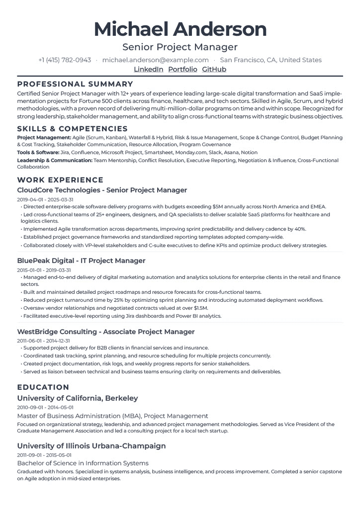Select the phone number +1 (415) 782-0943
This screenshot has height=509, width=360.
point(65,60)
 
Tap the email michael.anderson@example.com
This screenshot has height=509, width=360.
point(156,60)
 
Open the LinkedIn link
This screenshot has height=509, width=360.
point(149,69)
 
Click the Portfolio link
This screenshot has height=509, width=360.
point(182,69)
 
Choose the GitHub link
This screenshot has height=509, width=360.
point(214,69)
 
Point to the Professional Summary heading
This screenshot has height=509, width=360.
point(75,84)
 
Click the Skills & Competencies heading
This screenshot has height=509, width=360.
point(72,129)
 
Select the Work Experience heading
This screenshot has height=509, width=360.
point(60,180)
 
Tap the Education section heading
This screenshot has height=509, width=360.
point(43,387)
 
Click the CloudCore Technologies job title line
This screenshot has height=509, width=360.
point(102,190)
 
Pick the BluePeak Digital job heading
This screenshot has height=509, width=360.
point(81,260)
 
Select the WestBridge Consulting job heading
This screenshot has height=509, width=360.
point(106,332)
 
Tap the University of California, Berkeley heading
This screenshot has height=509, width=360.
point(78,398)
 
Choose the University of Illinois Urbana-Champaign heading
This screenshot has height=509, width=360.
point(91,446)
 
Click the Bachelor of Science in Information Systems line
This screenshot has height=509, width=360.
point(83,463)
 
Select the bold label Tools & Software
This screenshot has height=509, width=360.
point(38,153)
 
